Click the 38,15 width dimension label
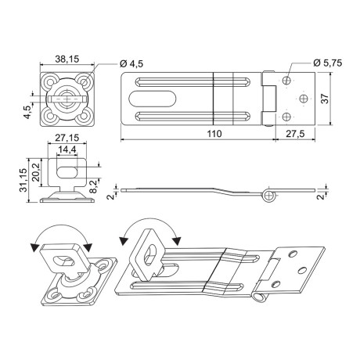pyautogui.click(x=67, y=59)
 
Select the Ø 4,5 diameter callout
pyautogui.click(x=131, y=63)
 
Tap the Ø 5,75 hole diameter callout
pyautogui.click(x=328, y=63)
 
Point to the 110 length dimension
pyautogui.click(x=214, y=134)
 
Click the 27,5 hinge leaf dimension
pyautogui.click(x=295, y=134)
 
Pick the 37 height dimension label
pyautogui.click(x=325, y=99)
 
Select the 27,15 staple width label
pyautogui.click(x=67, y=138)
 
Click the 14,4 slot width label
pyautogui.click(x=67, y=149)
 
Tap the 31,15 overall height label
pyautogui.click(x=23, y=180)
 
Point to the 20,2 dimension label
pyautogui.click(x=36, y=172)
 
